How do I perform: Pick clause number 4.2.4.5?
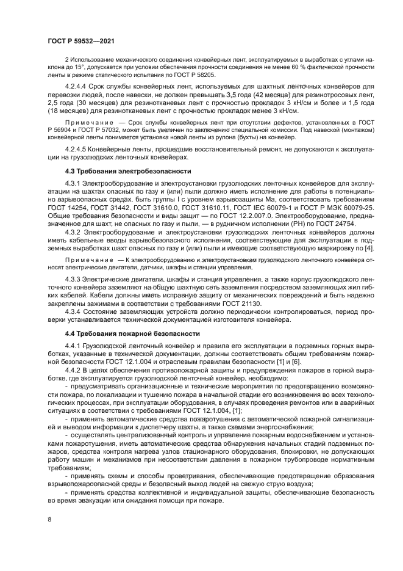point(76,148)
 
